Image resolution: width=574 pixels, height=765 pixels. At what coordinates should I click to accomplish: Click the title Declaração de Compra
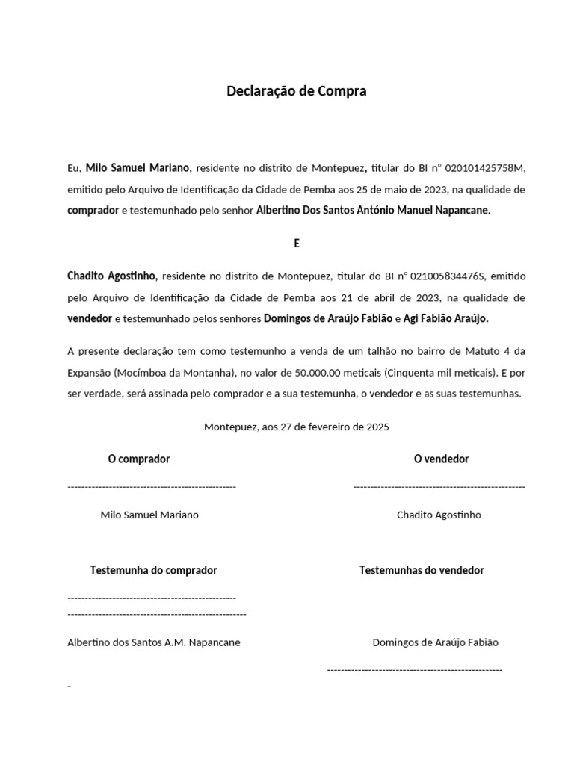[x=297, y=92]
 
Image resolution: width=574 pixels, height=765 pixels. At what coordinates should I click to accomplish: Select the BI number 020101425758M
[x=490, y=168]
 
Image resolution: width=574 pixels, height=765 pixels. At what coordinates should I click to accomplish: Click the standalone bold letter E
[x=297, y=243]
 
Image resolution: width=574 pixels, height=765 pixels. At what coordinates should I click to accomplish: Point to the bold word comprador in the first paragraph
[x=93, y=211]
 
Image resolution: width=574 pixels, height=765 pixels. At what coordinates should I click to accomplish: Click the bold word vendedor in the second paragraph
[x=90, y=318]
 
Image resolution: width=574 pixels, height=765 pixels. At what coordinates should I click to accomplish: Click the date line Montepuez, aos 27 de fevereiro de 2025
[x=297, y=427]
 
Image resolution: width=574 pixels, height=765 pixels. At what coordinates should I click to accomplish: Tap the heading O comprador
[x=139, y=459]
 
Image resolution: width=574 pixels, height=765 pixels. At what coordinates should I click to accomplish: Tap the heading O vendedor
[x=441, y=459]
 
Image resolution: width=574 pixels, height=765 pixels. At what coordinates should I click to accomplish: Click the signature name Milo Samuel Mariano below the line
[x=149, y=515]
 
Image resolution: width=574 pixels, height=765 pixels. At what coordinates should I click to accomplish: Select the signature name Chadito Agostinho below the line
[x=439, y=515]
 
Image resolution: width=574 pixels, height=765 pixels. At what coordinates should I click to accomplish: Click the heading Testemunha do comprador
[x=153, y=570]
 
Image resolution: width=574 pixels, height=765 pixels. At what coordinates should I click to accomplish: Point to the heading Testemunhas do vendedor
[x=422, y=570]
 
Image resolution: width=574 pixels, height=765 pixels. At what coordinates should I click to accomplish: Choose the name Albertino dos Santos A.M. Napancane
[x=154, y=642]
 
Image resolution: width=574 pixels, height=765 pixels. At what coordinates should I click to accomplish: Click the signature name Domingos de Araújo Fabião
[x=435, y=642]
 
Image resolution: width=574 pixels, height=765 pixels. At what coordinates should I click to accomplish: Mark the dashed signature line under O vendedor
[x=439, y=486]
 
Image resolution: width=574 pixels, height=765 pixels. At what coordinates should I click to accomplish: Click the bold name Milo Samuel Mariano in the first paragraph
[x=139, y=168]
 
